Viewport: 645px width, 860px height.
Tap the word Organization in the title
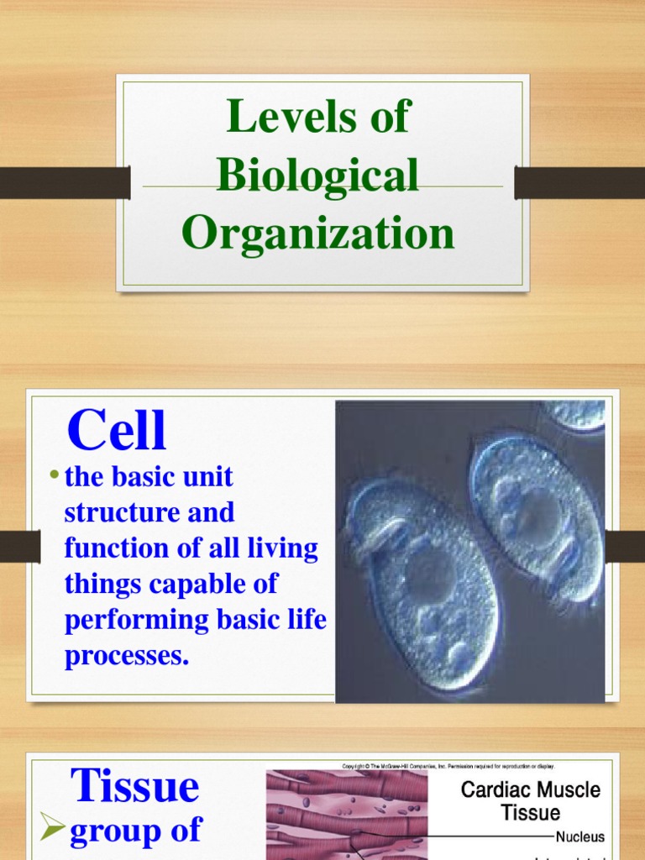[318, 233]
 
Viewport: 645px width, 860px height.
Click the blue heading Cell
[117, 432]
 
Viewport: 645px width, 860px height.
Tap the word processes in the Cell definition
[127, 656]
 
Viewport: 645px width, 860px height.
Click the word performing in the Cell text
[136, 620]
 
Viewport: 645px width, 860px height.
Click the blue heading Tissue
[135, 786]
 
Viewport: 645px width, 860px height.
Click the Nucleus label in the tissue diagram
[579, 837]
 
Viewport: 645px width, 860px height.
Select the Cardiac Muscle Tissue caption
[531, 800]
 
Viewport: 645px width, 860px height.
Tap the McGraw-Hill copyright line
[448, 766]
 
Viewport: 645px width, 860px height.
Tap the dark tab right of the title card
[579, 182]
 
